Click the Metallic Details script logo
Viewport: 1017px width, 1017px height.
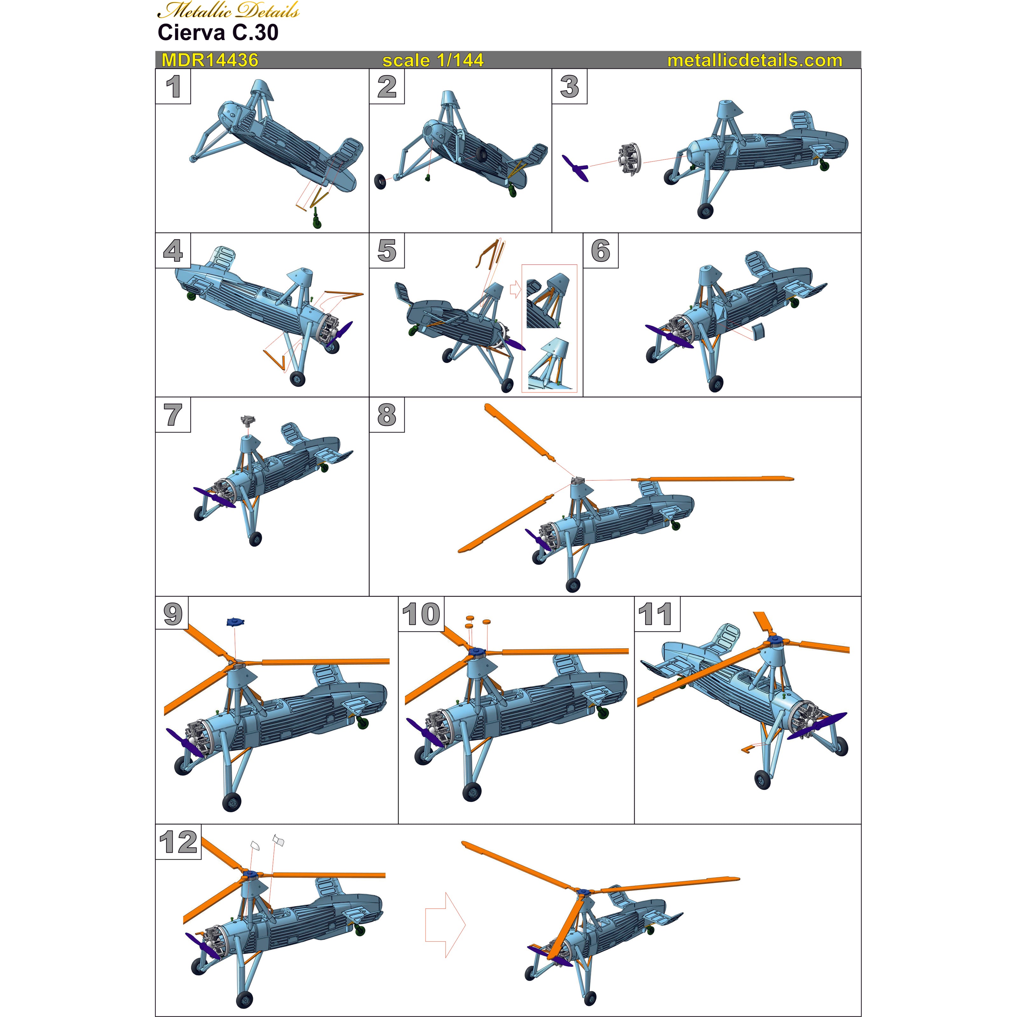[229, 10]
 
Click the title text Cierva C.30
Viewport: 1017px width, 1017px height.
[218, 33]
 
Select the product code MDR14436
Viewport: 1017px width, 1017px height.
[209, 60]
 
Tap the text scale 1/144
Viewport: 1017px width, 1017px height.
[433, 60]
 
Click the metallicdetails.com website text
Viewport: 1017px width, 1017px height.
[754, 60]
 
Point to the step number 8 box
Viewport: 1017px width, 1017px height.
[387, 415]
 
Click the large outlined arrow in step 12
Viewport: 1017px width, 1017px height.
[445, 924]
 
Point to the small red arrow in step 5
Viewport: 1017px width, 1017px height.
[515, 289]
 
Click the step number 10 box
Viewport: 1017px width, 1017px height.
[420, 614]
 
